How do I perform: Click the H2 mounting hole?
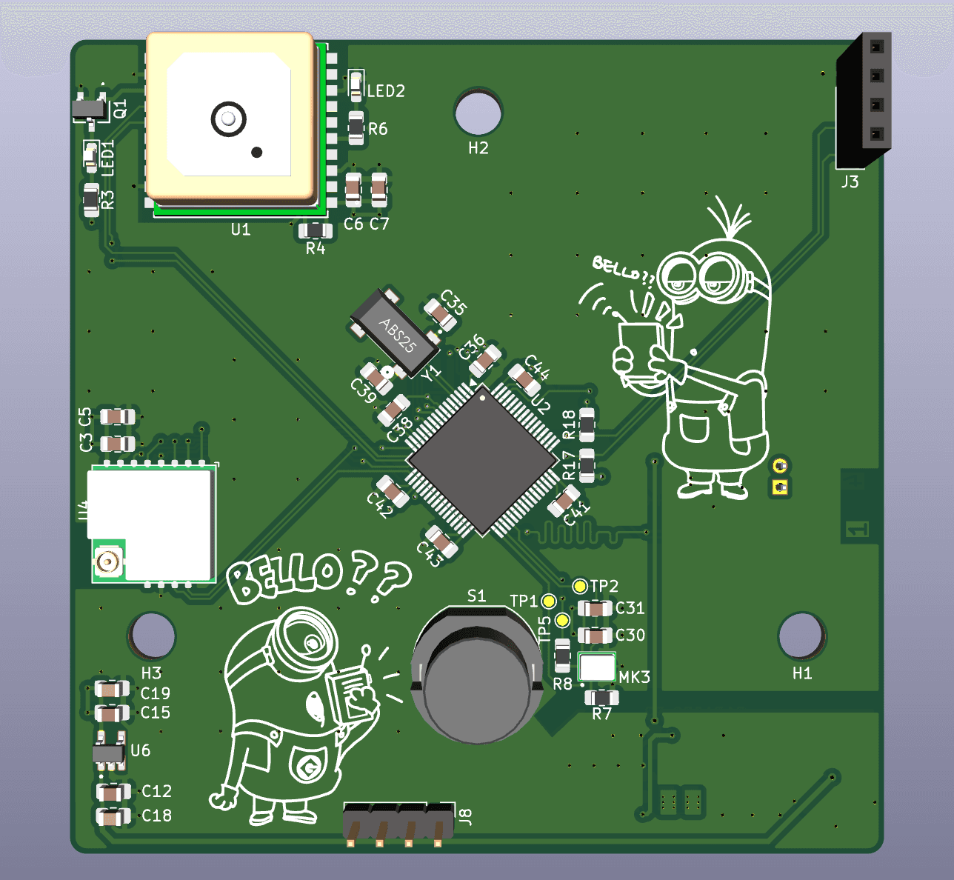click(x=478, y=112)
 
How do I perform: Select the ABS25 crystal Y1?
click(x=395, y=333)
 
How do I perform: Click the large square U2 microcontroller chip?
click(x=481, y=459)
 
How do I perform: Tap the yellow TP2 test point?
click(x=580, y=587)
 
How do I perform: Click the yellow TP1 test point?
click(x=549, y=601)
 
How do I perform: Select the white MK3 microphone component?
click(x=597, y=667)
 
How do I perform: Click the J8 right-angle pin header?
click(x=398, y=822)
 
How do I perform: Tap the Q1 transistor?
click(x=90, y=109)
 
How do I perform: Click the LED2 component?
click(x=356, y=83)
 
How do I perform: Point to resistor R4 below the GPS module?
click(x=316, y=230)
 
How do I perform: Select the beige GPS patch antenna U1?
click(x=230, y=116)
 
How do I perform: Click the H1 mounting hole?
click(x=801, y=636)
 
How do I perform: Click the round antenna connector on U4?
click(x=108, y=562)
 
